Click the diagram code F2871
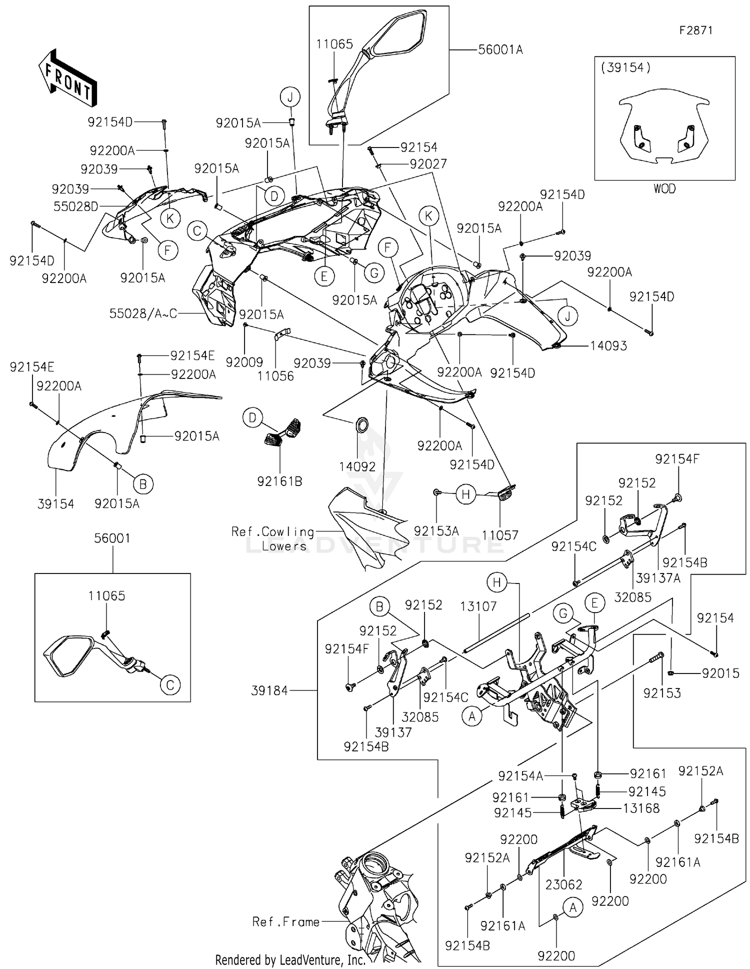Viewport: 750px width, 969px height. (x=695, y=30)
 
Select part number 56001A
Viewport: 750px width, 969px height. (x=500, y=50)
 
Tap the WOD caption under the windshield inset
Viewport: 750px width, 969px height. (x=664, y=189)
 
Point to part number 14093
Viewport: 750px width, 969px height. (x=608, y=346)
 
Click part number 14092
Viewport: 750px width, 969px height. (x=357, y=466)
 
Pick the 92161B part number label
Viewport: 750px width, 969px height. (x=279, y=481)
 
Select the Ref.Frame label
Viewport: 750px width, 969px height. (x=286, y=921)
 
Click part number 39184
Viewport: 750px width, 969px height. (x=269, y=690)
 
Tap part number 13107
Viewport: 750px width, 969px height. (x=478, y=606)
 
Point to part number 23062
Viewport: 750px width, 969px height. (x=563, y=884)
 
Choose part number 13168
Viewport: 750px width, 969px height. (x=641, y=808)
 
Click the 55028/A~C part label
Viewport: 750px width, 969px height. (x=143, y=314)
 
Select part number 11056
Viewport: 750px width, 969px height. (x=275, y=376)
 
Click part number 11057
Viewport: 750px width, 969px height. (x=500, y=535)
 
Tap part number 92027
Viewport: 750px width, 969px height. (x=428, y=164)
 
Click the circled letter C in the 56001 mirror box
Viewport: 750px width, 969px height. (x=170, y=684)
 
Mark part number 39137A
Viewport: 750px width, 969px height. (x=658, y=578)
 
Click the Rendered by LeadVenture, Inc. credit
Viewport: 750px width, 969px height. (x=290, y=960)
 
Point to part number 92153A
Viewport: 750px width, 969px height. (x=436, y=531)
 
